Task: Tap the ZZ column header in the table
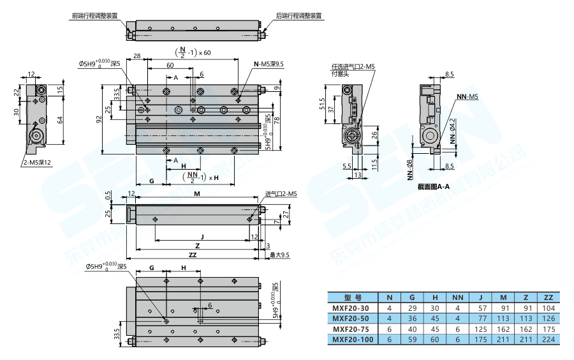click(x=547, y=297)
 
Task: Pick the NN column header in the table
click(x=457, y=297)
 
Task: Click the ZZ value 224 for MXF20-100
click(x=547, y=340)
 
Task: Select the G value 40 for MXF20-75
click(x=411, y=329)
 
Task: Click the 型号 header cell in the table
click(x=353, y=297)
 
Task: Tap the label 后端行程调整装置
click(x=298, y=15)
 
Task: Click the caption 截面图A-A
click(x=434, y=187)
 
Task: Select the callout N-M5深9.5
click(x=269, y=64)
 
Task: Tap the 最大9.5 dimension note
click(x=280, y=255)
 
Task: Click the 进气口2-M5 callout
click(x=281, y=193)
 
